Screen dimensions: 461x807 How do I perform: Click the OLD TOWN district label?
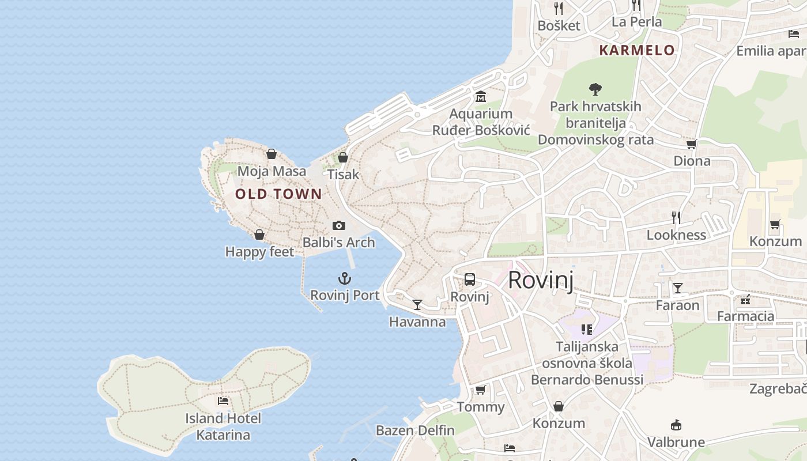click(x=278, y=194)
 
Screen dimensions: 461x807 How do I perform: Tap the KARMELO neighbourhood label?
click(x=637, y=50)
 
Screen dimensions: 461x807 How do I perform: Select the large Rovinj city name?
click(x=541, y=280)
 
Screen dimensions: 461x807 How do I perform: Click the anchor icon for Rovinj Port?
click(x=345, y=279)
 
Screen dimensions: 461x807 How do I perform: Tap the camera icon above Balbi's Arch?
click(x=339, y=225)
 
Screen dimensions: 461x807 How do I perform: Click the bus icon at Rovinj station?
click(x=470, y=280)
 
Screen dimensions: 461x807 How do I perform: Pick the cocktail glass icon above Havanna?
click(x=417, y=304)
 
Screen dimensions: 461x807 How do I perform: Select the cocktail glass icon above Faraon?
click(x=678, y=288)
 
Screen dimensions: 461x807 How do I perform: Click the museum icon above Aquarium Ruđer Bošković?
click(x=481, y=96)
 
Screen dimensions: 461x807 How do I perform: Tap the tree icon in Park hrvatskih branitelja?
click(x=595, y=89)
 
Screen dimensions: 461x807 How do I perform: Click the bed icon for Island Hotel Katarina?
click(x=223, y=400)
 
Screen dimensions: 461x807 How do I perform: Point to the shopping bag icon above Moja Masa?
click(x=271, y=154)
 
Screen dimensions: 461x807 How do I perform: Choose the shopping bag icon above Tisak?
click(x=343, y=157)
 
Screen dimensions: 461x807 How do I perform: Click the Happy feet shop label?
click(x=259, y=252)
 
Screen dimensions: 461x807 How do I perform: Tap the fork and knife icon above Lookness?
click(x=676, y=217)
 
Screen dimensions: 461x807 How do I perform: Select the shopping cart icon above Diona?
click(x=691, y=144)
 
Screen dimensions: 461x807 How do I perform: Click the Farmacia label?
click(x=745, y=316)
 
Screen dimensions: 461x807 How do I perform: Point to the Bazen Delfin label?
click(x=415, y=430)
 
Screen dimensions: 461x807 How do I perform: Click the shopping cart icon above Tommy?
click(x=480, y=390)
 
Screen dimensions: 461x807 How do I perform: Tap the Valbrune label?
click(x=676, y=442)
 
